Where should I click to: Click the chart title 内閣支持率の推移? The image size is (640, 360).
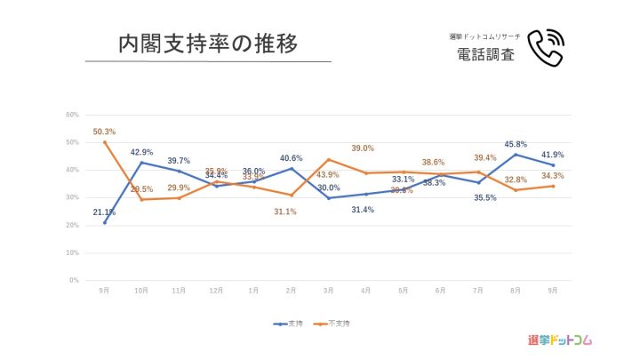207,44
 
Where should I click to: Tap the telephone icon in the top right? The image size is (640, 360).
545,48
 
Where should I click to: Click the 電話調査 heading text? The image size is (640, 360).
485,54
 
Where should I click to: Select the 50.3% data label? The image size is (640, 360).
104,132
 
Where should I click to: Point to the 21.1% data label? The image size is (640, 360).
104,212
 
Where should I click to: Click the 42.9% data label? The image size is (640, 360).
142,152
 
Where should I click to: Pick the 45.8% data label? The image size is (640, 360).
516,144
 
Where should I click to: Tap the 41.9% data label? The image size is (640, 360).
552,155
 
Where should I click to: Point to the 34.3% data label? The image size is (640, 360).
552,175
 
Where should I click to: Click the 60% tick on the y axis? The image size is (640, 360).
73,115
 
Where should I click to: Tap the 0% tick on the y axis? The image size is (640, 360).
75,280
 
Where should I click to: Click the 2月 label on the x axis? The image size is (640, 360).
291,290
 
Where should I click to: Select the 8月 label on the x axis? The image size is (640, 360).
516,290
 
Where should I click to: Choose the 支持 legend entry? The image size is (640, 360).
291,324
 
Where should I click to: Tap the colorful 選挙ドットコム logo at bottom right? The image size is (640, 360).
559,340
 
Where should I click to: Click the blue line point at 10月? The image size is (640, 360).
141,162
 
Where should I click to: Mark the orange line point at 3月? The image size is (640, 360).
328,159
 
